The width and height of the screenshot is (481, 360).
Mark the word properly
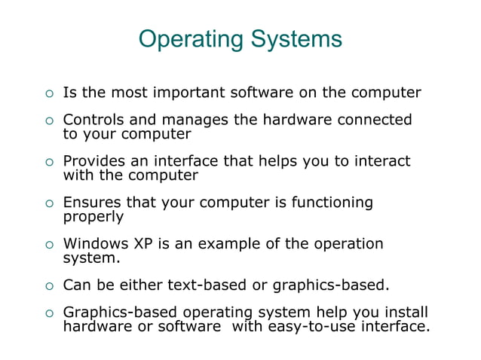(93, 217)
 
